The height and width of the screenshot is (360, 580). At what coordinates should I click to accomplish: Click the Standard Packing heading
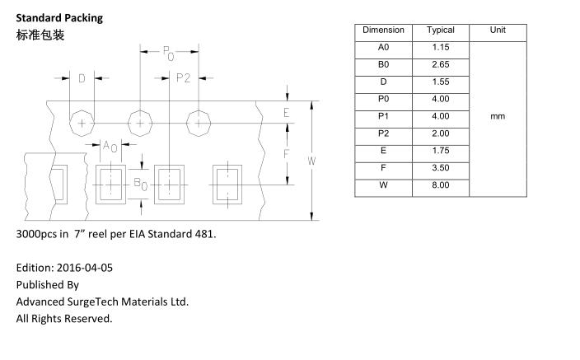[59, 17]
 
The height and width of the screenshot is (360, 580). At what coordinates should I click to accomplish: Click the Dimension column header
[383, 30]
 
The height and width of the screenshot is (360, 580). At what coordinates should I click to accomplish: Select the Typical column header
[441, 30]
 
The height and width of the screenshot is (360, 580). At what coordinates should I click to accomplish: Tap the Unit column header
[498, 30]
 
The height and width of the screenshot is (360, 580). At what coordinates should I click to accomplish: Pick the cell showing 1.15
[441, 48]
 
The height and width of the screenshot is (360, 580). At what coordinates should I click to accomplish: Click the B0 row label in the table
[383, 64]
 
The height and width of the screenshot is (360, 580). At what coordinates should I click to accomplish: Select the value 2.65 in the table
[441, 64]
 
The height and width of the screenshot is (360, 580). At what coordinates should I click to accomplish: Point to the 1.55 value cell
[441, 82]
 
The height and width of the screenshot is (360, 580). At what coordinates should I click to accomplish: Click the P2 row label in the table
[383, 133]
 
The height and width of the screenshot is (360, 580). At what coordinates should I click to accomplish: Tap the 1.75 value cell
[441, 151]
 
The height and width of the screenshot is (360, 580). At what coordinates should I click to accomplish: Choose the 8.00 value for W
[441, 185]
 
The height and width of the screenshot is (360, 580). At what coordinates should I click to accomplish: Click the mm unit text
[498, 116]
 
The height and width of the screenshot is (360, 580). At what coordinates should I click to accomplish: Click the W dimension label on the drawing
[311, 161]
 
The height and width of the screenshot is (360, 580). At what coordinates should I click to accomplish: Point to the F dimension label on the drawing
[287, 154]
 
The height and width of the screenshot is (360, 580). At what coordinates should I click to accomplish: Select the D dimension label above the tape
[82, 79]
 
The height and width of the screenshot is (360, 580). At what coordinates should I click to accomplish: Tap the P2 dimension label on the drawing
[183, 78]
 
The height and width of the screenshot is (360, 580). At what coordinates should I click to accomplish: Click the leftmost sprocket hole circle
[82, 124]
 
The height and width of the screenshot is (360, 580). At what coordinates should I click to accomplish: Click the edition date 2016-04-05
[83, 268]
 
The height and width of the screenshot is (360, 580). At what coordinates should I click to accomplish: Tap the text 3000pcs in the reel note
[36, 234]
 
